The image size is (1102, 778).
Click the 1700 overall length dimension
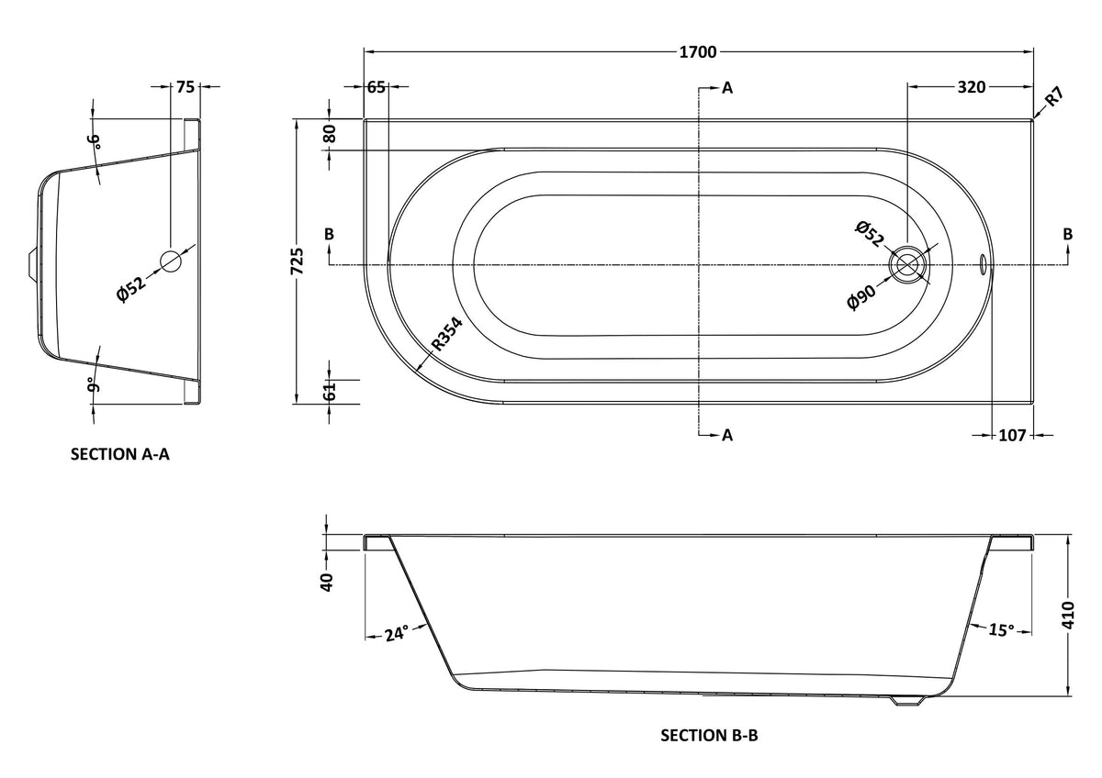[x=698, y=51]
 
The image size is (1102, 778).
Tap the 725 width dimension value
[x=297, y=261]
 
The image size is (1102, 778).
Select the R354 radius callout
[x=447, y=334]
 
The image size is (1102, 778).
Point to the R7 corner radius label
[x=1055, y=96]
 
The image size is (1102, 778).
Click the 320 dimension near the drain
[x=972, y=87]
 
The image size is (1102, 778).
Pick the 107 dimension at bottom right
[x=1012, y=435]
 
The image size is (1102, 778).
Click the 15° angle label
[x=1002, y=629]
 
